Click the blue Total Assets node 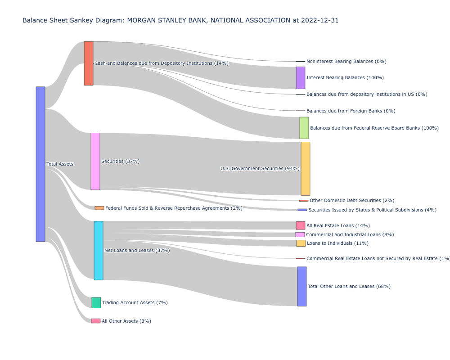(40, 164)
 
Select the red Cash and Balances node (89, 63)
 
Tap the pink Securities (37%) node (95, 161)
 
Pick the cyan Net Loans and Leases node (99, 250)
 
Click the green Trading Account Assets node (96, 302)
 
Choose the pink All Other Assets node (96, 321)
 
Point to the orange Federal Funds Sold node (99, 208)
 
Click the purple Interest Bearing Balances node (301, 78)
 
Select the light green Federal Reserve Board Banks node (304, 128)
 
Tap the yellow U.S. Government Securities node (306, 168)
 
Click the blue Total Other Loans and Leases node (302, 286)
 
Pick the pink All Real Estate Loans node (301, 225)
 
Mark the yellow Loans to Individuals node (301, 243)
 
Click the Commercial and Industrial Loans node (300, 234)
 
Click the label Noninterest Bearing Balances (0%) (346, 61)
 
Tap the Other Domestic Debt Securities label (352, 200)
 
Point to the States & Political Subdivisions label (366, 210)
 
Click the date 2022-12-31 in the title (321, 20)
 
